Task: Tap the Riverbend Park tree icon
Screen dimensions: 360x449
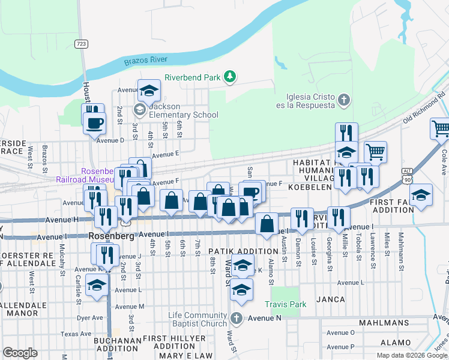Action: [x=229, y=76]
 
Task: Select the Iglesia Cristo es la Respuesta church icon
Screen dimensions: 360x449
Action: [x=344, y=100]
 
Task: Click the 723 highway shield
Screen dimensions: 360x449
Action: [x=80, y=44]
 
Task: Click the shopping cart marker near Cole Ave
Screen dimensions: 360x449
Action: [x=441, y=128]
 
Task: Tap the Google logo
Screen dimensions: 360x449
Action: [x=20, y=353]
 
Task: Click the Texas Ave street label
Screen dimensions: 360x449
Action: [x=76, y=334]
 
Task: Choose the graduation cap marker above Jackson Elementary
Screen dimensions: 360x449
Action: [x=149, y=91]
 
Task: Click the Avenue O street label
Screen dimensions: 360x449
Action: [x=340, y=332]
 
